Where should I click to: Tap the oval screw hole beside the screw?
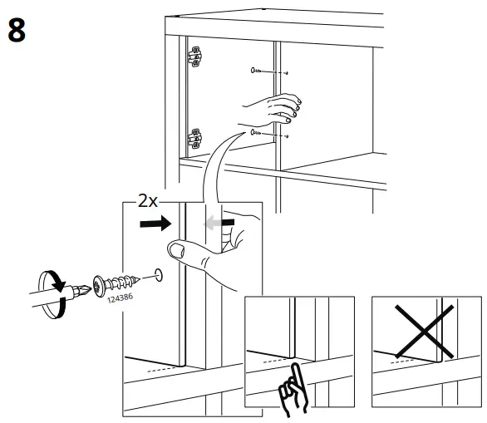(158, 274)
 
